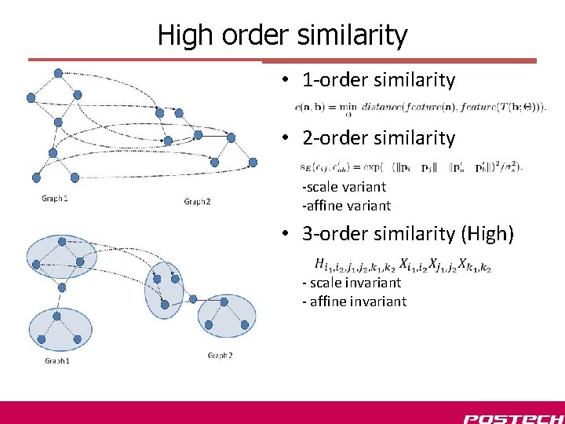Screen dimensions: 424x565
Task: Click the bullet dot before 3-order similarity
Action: tap(288, 234)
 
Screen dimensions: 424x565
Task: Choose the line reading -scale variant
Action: tap(344, 187)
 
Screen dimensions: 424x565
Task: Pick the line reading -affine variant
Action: tap(346, 206)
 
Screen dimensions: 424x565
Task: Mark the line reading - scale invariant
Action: tap(351, 283)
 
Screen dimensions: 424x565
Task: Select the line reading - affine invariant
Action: tap(354, 302)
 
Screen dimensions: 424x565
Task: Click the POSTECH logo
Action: tap(512, 418)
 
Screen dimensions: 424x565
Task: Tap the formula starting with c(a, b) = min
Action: tap(421, 107)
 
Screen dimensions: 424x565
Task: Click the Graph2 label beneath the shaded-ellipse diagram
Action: tap(220, 356)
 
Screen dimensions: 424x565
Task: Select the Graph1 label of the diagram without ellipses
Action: tap(55, 199)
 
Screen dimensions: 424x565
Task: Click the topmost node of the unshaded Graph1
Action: tap(57, 73)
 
